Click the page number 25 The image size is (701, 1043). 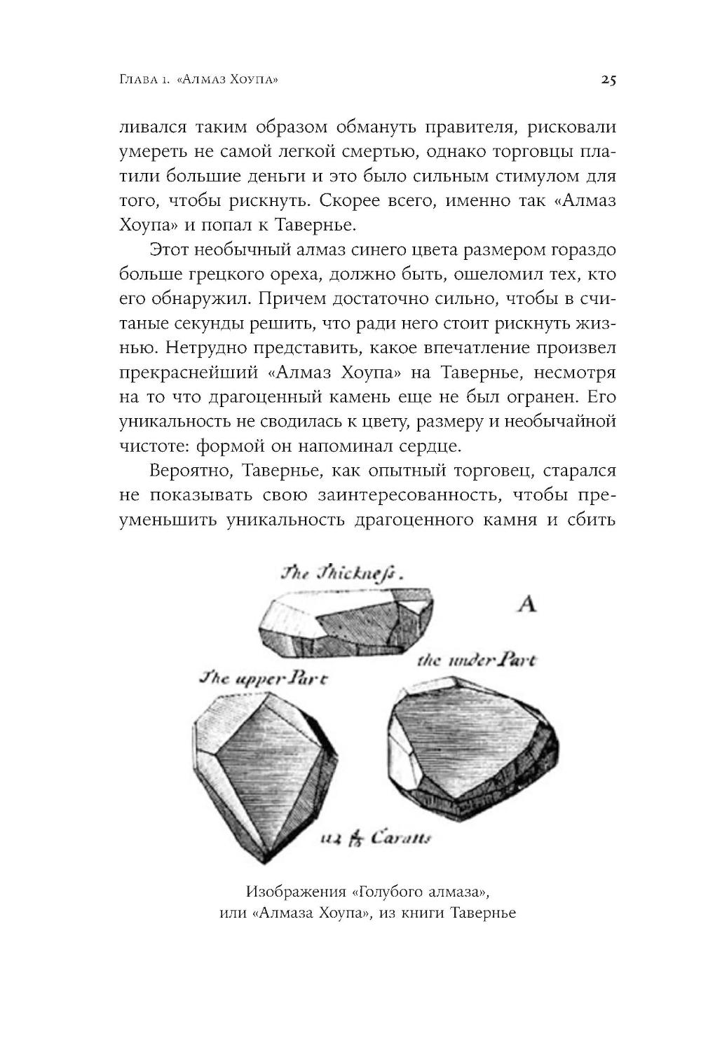coord(608,80)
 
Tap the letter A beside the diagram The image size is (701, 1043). coord(526,603)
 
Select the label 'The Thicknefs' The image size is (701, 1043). coord(343,573)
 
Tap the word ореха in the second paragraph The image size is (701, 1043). coord(297,275)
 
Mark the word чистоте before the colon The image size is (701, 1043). coord(149,445)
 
